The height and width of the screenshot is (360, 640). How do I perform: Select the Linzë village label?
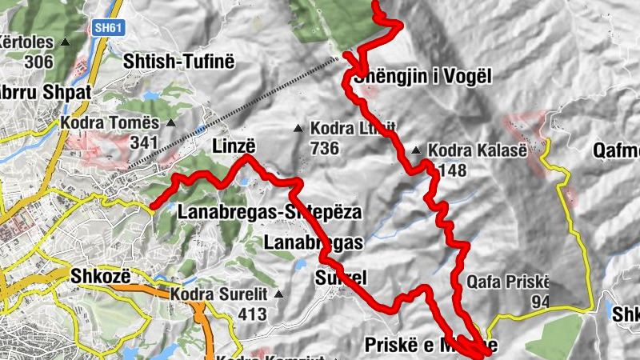pos(234,146)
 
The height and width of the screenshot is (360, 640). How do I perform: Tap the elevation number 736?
pos(325,148)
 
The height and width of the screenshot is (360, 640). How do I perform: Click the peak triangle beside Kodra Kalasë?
pos(416,150)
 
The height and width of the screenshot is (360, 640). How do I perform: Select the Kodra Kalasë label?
pos(478,150)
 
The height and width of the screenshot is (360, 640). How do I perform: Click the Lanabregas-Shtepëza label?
pos(270,213)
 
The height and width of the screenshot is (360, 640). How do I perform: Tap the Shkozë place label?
pos(102,274)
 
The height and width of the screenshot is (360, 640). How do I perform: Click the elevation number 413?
pos(252,314)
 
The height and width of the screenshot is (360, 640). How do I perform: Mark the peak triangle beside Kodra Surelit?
pos(278,294)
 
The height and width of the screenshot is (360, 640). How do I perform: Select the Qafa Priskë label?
pos(508,282)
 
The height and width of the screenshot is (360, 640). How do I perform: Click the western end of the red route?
pos(152,206)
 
